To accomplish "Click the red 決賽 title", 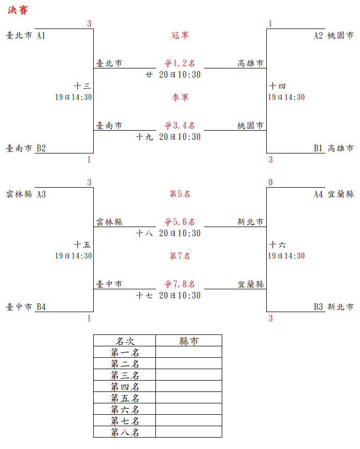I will click(18, 10).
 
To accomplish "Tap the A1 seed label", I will click(41, 36).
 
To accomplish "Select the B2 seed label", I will click(41, 148).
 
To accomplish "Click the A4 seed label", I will click(319, 194).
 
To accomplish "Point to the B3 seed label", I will click(319, 307).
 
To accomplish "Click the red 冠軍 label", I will click(180, 35).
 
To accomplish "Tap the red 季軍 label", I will click(180, 97).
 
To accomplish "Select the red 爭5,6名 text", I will click(180, 222).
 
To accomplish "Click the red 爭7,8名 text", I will click(180, 284).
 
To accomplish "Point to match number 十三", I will click(83, 86).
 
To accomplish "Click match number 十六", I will click(278, 245).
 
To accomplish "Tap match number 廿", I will click(149, 75).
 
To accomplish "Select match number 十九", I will click(145, 137).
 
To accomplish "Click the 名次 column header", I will click(125, 341).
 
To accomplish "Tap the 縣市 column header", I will click(189, 341).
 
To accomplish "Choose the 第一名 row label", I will click(125, 353).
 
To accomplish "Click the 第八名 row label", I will click(125, 432).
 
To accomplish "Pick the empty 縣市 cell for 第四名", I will click(189, 387).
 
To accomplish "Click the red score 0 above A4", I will click(270, 183).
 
